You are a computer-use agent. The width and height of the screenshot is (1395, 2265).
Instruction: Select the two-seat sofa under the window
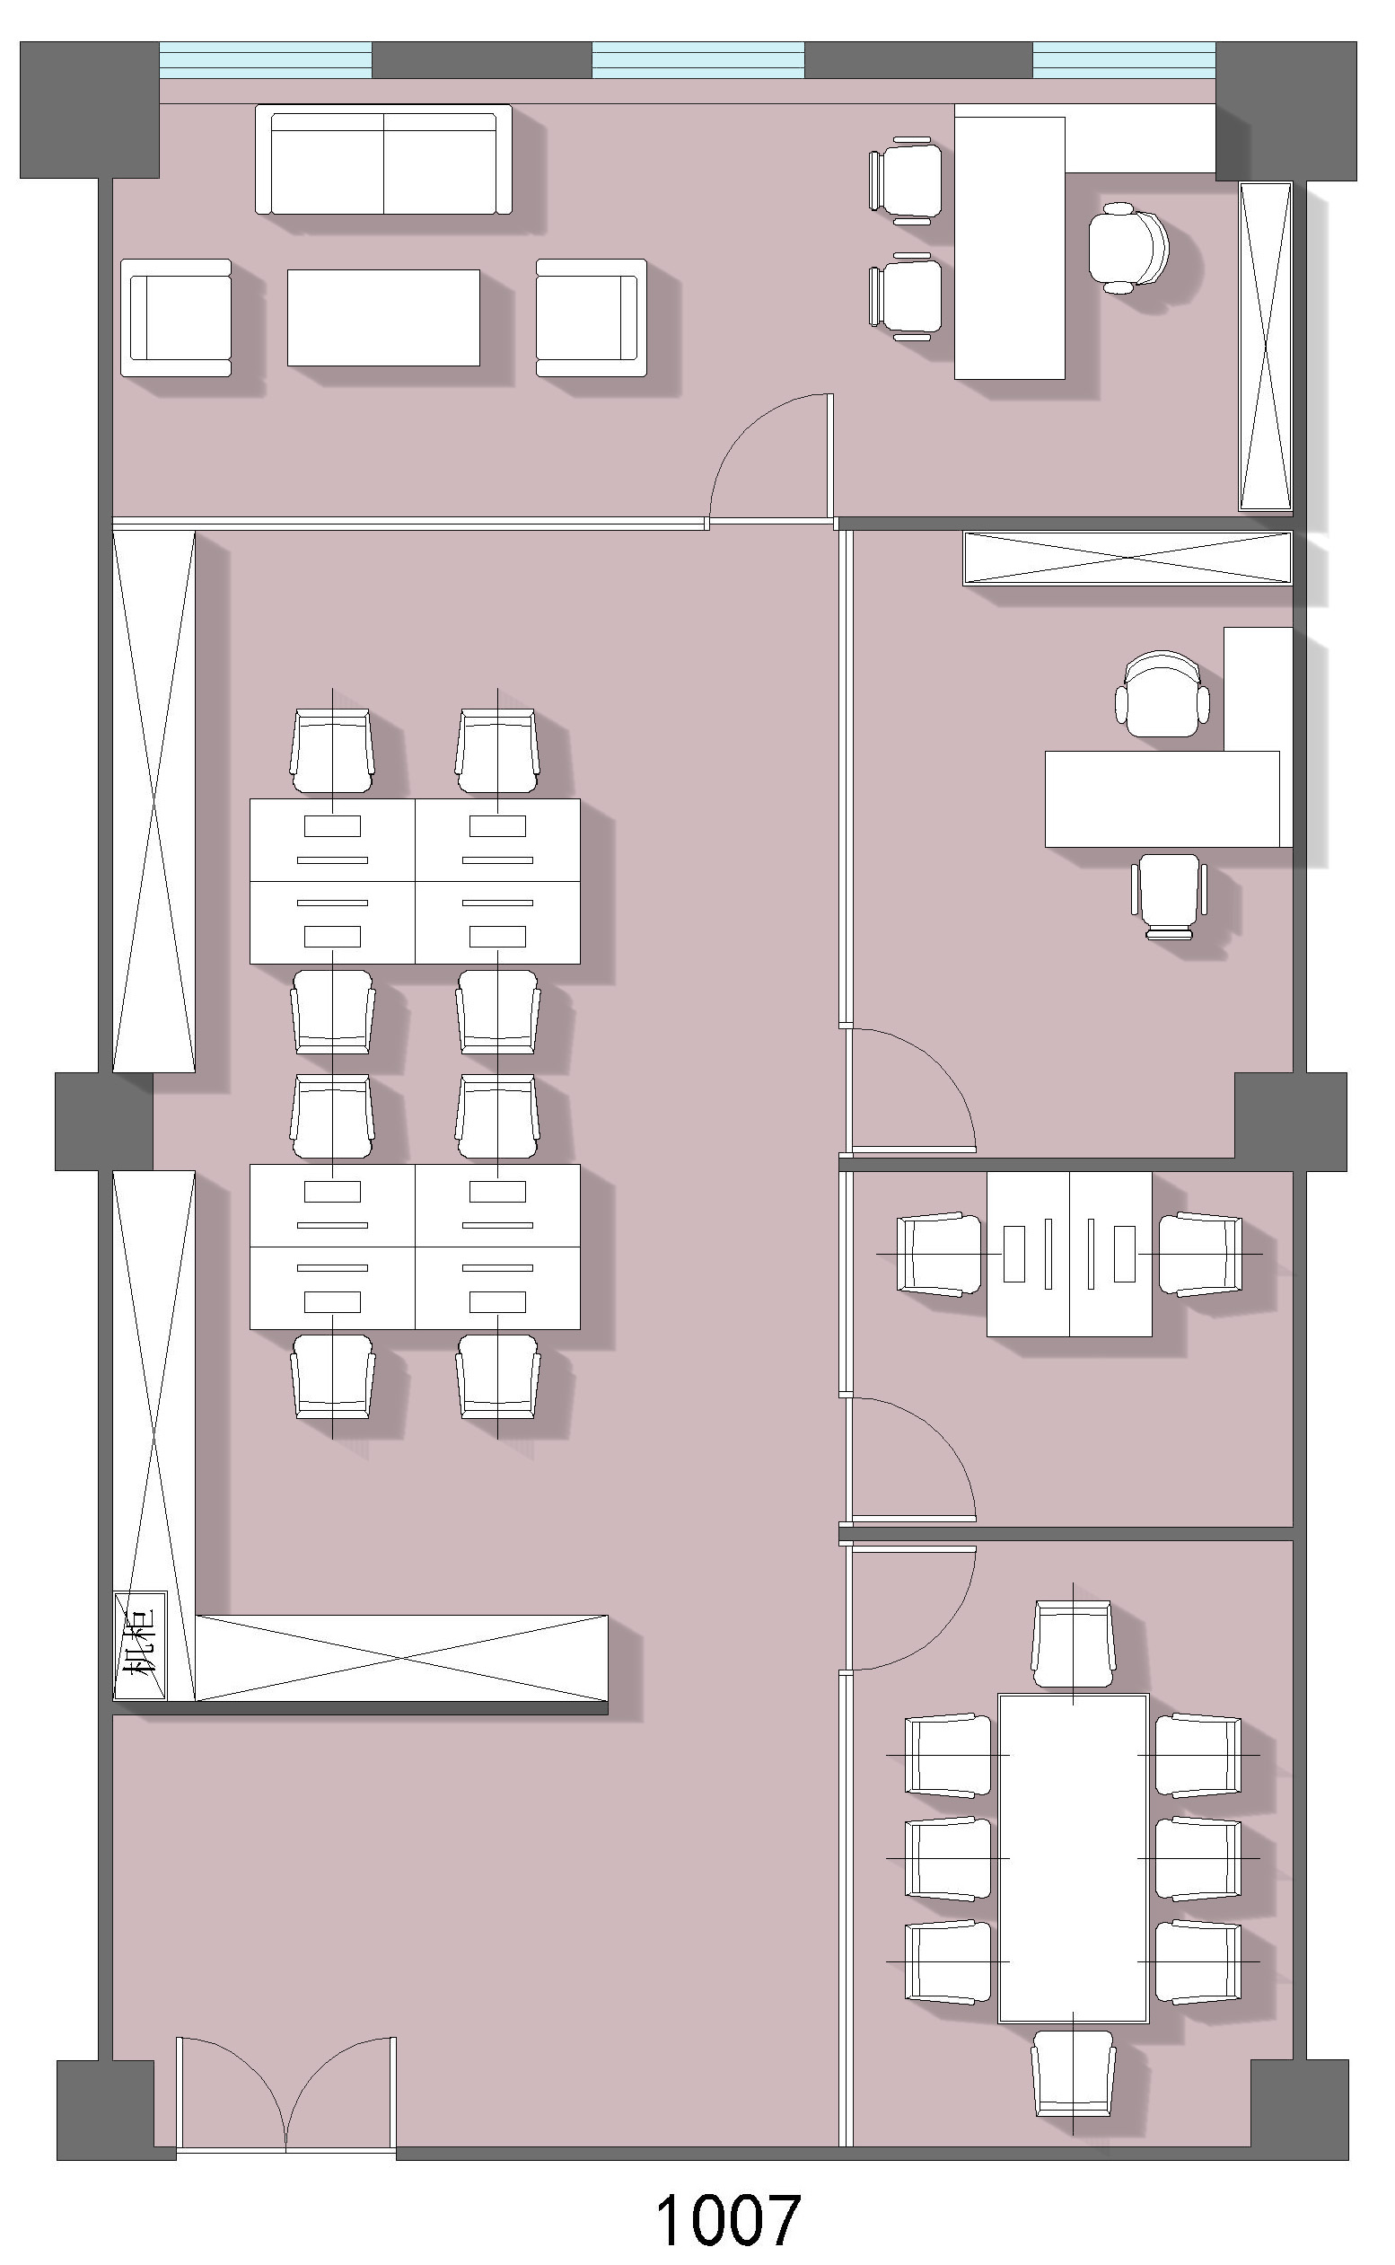point(383,160)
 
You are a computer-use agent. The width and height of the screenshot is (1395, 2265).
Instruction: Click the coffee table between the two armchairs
point(383,318)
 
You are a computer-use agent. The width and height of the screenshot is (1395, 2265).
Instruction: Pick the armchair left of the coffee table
point(175,318)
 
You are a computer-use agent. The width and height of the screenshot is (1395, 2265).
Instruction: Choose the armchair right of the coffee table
point(592,318)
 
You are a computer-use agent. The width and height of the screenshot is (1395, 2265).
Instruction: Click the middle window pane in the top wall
point(697,60)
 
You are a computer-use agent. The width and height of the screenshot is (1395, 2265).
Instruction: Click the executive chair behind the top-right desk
point(1127,248)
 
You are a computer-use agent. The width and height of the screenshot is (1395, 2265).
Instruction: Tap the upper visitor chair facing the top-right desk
point(905,180)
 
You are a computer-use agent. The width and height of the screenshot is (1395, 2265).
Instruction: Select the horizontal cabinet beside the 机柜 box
point(402,1658)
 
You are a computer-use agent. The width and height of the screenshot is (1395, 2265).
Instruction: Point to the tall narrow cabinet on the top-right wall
point(1264,346)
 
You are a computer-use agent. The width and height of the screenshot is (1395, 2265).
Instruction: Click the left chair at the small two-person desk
point(940,1255)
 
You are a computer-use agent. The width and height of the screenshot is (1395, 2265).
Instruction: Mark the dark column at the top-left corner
point(90,110)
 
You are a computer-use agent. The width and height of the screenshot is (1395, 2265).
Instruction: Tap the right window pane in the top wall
point(1124,60)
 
